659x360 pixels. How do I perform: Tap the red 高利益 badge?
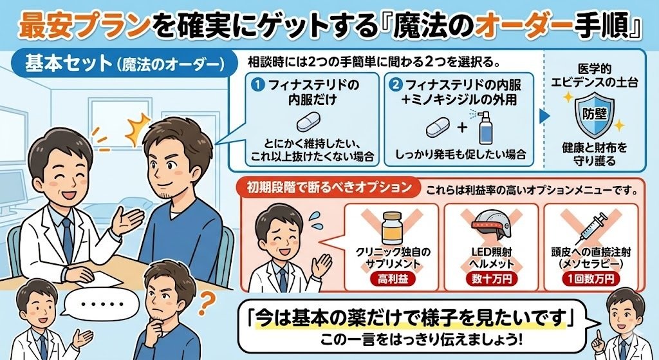(x=391, y=279)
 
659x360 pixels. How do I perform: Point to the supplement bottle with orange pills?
(x=391, y=227)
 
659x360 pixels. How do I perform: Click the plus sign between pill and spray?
(x=461, y=127)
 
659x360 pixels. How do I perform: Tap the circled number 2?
(x=396, y=85)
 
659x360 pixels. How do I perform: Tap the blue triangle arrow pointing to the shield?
(x=544, y=116)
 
